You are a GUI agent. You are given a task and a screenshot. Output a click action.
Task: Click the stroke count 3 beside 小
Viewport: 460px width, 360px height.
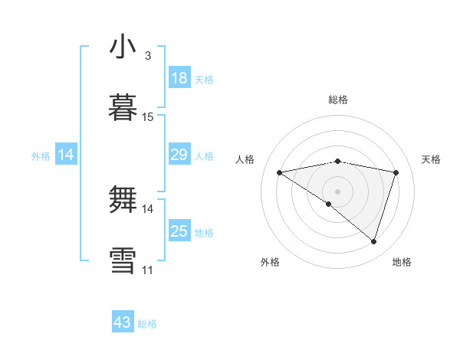148,56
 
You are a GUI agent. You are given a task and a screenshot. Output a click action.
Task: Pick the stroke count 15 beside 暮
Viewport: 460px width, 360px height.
148,117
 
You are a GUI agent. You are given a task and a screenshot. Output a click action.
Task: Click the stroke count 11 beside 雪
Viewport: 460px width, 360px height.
148,270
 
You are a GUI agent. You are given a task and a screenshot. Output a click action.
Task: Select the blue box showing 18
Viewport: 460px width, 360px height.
179,78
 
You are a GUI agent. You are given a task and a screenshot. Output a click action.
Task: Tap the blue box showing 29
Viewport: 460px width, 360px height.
179,155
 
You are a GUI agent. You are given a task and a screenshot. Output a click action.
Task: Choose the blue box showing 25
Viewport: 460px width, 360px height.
179,231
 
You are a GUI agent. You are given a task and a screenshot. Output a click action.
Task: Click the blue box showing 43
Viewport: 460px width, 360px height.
123,322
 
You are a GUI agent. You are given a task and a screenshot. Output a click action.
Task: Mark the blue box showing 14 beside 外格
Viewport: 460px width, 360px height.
66,155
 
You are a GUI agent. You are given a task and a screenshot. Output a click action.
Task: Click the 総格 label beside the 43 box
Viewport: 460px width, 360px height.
147,324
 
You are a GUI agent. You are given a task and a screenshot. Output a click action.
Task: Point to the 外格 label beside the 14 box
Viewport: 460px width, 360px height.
41,156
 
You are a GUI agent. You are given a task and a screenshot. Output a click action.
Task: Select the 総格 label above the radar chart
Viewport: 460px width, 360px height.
337,100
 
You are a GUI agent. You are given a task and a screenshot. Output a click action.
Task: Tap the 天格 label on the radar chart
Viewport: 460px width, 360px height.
432,159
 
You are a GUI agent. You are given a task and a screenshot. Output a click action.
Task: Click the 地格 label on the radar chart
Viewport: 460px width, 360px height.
402,262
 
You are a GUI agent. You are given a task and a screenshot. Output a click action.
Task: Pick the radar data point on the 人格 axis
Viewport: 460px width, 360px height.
280,172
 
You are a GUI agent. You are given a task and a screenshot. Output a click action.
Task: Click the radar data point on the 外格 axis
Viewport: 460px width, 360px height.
329,204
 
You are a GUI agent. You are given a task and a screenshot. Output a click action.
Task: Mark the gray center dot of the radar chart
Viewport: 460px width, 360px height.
337,191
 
